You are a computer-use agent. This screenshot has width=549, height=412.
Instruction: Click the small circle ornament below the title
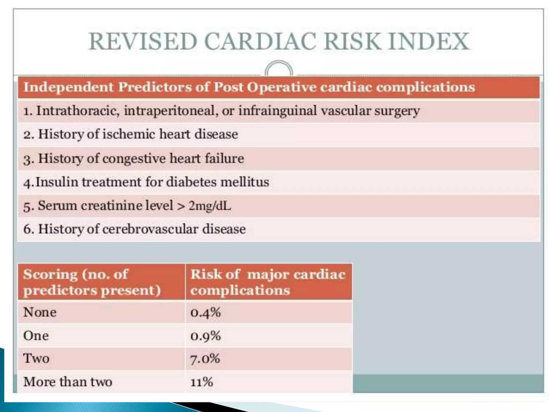click(279, 69)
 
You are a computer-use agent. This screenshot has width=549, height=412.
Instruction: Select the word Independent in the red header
click(69, 87)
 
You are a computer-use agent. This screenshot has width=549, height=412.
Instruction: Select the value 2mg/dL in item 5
click(209, 206)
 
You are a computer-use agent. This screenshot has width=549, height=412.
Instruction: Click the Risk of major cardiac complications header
click(268, 282)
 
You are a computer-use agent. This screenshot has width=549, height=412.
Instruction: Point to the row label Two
click(36, 359)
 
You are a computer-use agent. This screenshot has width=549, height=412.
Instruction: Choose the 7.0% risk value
click(205, 359)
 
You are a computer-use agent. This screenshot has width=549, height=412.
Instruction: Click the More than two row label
click(68, 382)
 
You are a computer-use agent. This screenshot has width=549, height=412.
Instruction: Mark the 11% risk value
click(202, 382)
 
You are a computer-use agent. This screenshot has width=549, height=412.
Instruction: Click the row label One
click(36, 336)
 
